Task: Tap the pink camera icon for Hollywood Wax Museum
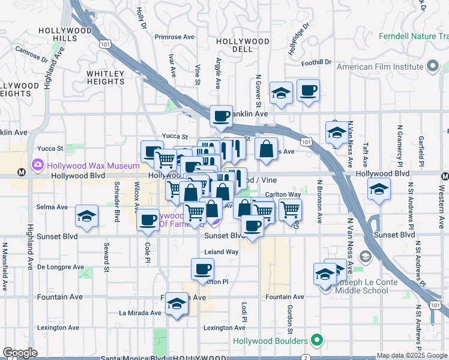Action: pyautogui.click(x=38, y=164)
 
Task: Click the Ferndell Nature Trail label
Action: pyautogui.click(x=414, y=37)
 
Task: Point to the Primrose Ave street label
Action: pyautogui.click(x=175, y=37)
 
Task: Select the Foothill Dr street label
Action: pyautogui.click(x=317, y=62)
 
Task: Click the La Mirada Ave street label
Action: pyautogui.click(x=139, y=313)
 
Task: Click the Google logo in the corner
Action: pyautogui.click(x=20, y=353)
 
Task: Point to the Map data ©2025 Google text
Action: pyautogui.click(x=411, y=355)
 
